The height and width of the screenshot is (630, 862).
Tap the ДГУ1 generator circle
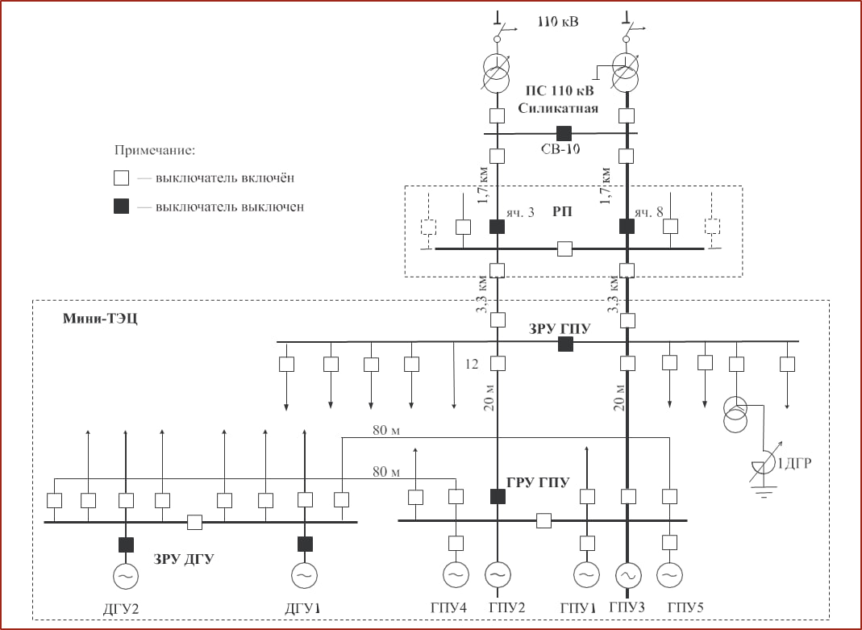(x=304, y=575)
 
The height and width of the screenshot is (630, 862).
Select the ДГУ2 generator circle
(x=125, y=575)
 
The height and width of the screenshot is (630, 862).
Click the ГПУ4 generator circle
(x=456, y=574)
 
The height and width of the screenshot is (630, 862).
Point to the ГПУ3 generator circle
(x=628, y=574)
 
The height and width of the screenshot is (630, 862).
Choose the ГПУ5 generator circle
(x=668, y=574)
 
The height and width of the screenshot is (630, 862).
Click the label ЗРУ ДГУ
(x=183, y=557)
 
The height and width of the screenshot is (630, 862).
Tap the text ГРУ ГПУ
(x=538, y=483)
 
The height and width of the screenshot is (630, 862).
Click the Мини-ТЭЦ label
(x=100, y=319)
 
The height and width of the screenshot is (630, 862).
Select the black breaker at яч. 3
(x=498, y=227)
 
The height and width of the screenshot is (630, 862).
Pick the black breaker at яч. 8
(x=627, y=227)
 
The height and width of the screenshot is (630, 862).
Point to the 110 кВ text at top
(x=558, y=22)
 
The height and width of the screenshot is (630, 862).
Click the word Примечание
(x=155, y=150)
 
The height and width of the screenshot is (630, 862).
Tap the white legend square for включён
(x=120, y=177)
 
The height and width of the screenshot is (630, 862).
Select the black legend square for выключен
(x=120, y=207)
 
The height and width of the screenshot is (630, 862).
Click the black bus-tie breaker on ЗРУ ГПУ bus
(x=565, y=344)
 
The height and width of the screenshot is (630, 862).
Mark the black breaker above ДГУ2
(x=126, y=544)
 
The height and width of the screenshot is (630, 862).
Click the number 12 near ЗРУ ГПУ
(x=472, y=365)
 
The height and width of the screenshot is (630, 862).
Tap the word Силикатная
(x=558, y=108)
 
